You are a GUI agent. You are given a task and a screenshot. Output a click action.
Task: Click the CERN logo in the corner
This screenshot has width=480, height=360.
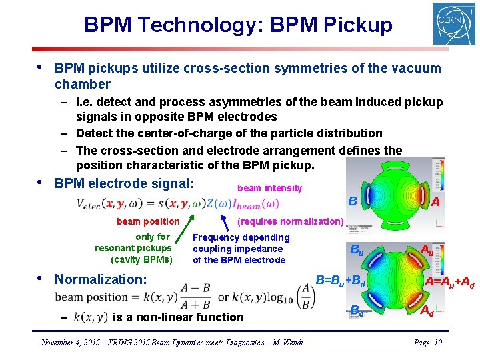tap(453, 24)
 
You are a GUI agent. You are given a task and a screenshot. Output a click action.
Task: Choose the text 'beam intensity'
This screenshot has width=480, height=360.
tap(269, 189)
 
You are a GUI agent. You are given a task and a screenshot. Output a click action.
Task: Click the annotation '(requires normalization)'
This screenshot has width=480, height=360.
tap(291, 221)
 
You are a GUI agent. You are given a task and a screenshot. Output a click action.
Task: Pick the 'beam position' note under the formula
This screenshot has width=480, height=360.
tap(148, 221)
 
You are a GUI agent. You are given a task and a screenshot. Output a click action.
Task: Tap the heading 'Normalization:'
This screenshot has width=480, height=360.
tap(100, 279)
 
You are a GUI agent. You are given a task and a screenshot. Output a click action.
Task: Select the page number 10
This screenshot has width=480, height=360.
tap(437, 343)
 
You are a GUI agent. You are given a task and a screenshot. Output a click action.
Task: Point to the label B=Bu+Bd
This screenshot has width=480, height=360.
tap(341, 280)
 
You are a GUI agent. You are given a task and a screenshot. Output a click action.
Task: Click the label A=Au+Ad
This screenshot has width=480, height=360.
tap(450, 283)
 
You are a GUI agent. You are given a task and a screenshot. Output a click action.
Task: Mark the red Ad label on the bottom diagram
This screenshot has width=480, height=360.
tap(427, 311)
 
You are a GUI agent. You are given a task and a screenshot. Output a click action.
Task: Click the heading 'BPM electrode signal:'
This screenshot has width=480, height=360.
tap(124, 183)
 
